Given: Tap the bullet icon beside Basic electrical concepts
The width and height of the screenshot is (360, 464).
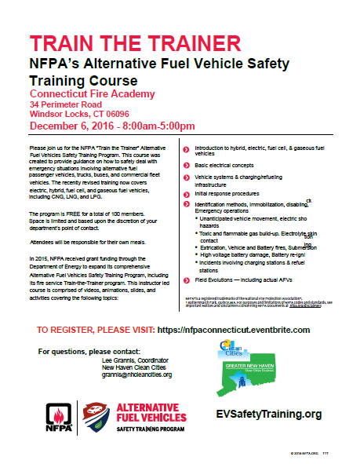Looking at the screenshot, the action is (185, 167).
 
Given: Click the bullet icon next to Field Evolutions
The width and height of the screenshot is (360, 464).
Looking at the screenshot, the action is (185, 279).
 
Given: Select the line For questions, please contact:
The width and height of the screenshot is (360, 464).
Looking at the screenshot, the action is (89, 349).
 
